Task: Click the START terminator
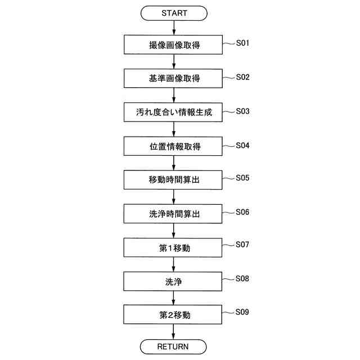click(174, 13)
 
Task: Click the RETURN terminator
click(174, 346)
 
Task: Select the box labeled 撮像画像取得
click(174, 45)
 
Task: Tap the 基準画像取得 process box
click(174, 79)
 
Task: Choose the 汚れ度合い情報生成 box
click(174, 112)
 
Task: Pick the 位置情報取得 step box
click(174, 146)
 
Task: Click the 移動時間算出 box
click(174, 180)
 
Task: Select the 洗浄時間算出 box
click(174, 214)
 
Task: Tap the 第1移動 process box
click(174, 247)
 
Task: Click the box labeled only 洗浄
click(174, 281)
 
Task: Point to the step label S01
click(242, 43)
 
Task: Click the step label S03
click(242, 111)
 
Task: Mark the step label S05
click(242, 178)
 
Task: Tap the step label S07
click(242, 245)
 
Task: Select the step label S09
click(242, 312)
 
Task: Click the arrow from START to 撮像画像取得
click(174, 28)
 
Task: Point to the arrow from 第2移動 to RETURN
click(174, 331)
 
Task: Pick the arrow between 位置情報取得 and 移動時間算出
click(174, 163)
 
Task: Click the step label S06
click(242, 212)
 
